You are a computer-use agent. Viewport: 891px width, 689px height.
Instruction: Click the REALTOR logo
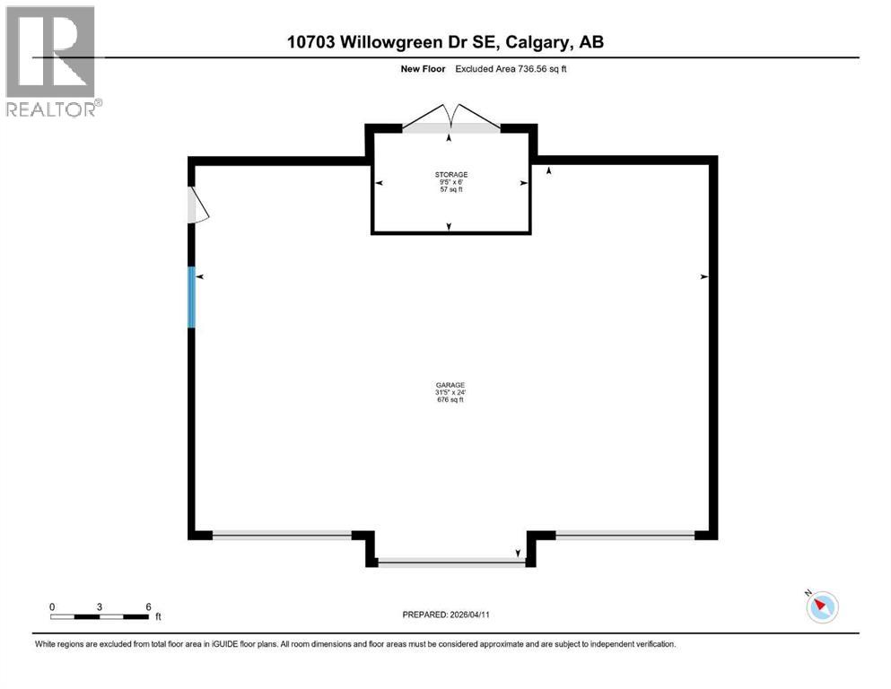(x=50, y=61)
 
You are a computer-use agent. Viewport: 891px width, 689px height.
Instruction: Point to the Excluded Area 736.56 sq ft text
(x=511, y=68)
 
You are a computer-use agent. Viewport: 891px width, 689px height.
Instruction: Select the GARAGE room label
(x=450, y=385)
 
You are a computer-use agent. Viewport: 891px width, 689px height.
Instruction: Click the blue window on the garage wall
(x=191, y=297)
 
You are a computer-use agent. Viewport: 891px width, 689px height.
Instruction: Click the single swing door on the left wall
(x=197, y=205)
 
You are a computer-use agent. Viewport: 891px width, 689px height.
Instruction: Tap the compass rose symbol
(x=821, y=606)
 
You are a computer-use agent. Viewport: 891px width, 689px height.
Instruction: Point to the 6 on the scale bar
(x=148, y=606)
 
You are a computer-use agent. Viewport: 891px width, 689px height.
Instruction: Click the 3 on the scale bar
(x=100, y=606)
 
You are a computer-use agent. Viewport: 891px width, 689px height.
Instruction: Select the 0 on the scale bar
(x=52, y=606)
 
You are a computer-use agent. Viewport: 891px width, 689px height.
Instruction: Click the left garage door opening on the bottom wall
(x=282, y=535)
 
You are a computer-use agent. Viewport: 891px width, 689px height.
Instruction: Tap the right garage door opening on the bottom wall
(x=625, y=535)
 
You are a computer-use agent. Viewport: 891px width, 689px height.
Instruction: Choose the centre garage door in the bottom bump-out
(x=450, y=563)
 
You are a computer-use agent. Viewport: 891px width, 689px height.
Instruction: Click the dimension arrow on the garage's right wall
(x=703, y=277)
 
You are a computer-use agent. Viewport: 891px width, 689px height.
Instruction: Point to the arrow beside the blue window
(x=200, y=277)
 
